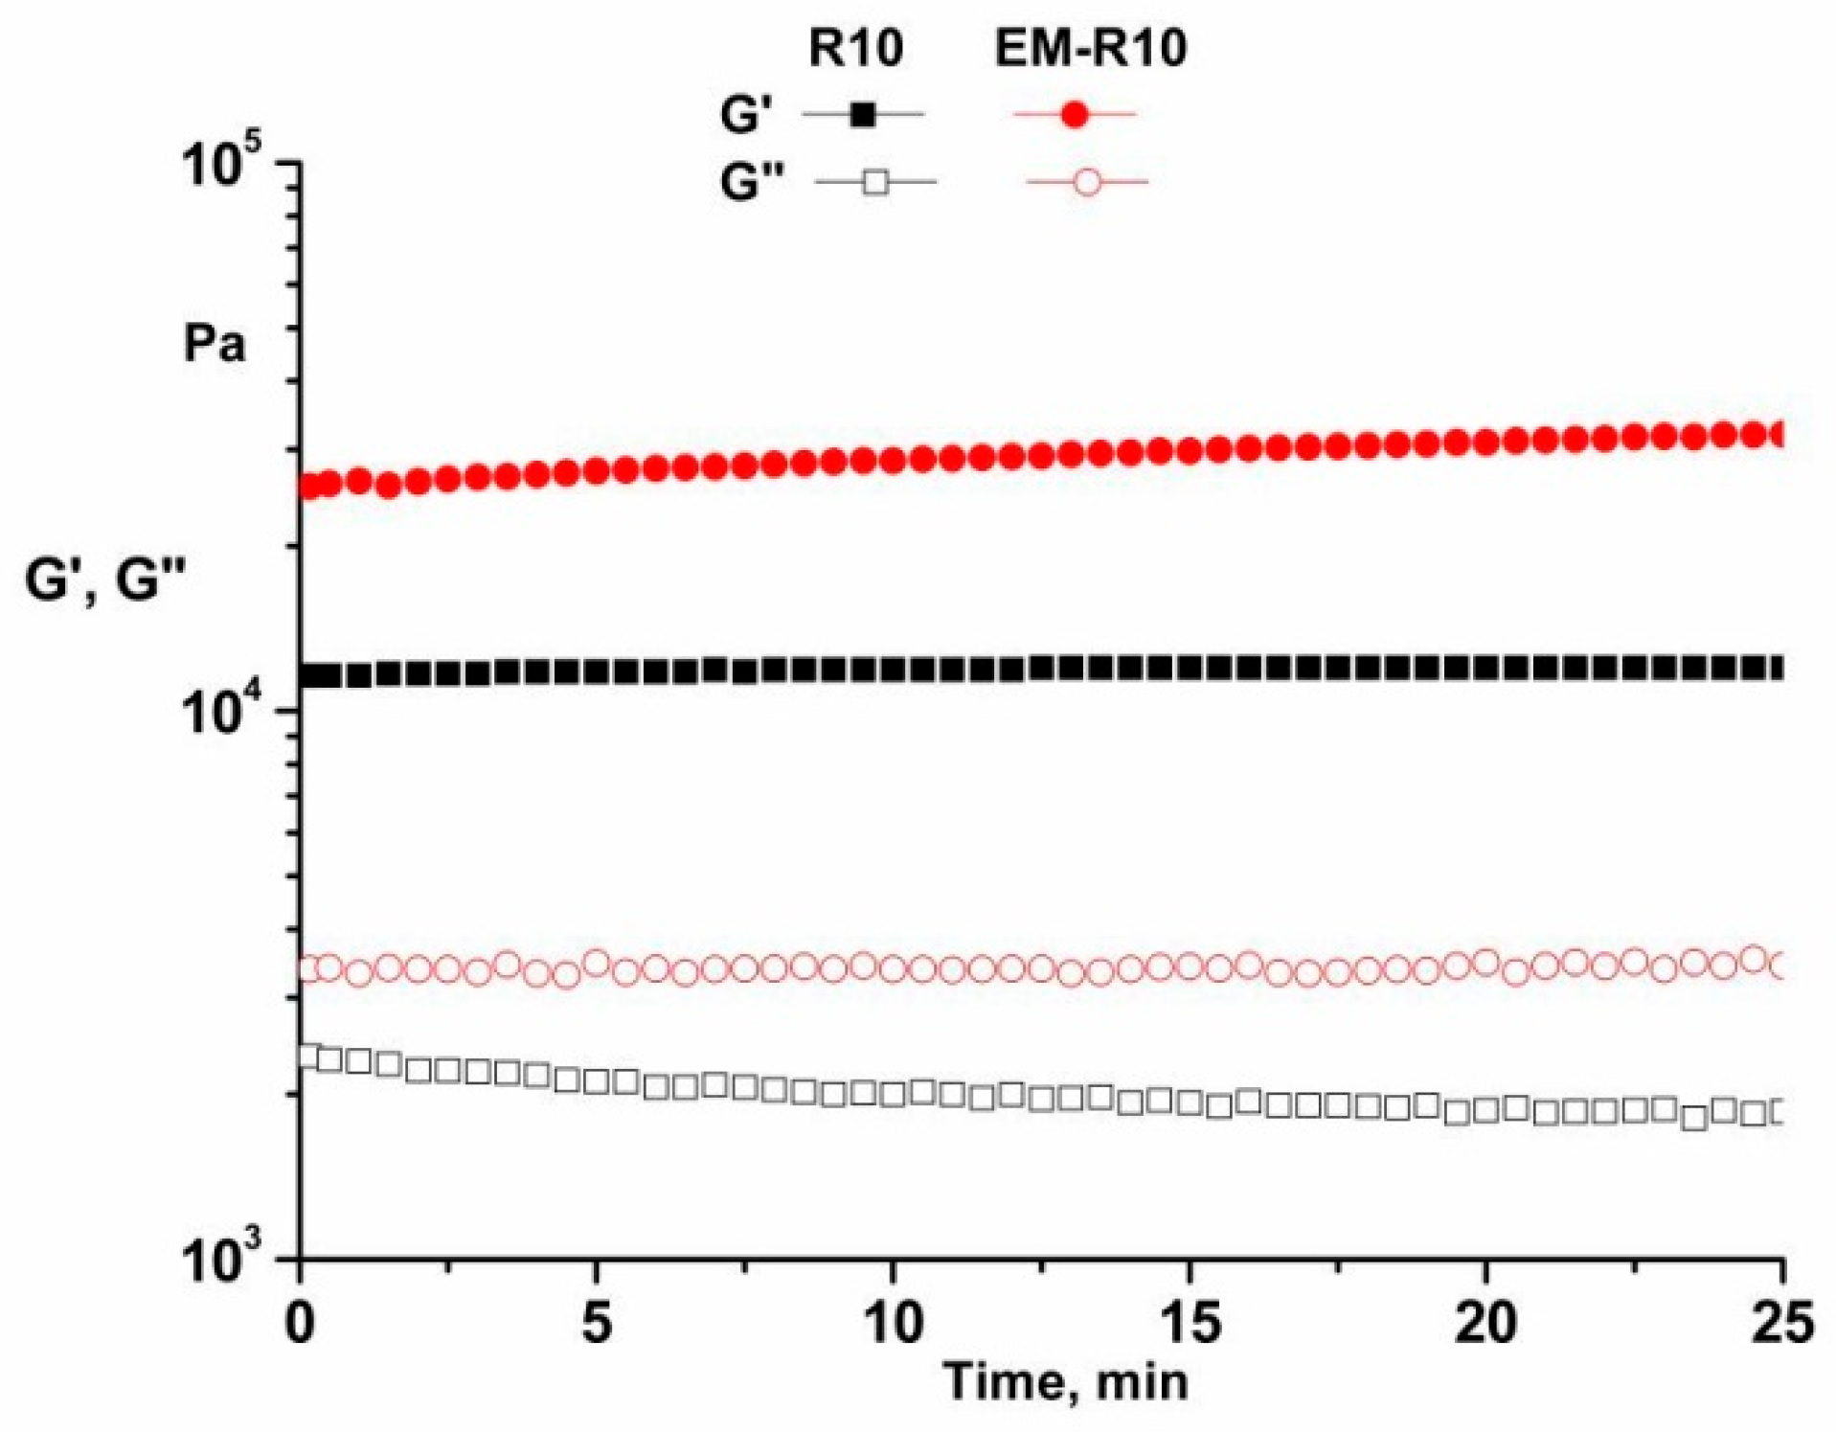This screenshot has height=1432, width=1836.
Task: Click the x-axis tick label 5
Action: point(596,1324)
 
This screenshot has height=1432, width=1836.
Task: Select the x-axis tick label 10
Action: point(893,1324)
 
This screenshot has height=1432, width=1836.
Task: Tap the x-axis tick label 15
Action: point(1190,1324)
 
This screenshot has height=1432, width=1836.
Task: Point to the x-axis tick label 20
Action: point(1485,1324)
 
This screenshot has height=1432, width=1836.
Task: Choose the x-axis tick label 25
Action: point(1780,1324)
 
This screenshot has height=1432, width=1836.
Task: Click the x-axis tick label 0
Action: point(301,1324)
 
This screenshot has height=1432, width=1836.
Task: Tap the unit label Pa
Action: point(215,344)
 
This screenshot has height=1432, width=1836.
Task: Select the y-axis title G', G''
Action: point(104,580)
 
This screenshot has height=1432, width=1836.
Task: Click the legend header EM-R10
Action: point(1090,48)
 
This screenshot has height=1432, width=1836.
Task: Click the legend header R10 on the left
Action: point(855,48)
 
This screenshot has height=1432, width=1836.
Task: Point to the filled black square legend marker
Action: point(863,116)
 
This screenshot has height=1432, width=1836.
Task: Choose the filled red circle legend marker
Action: point(1075,116)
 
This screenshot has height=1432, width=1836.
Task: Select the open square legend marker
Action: point(875,181)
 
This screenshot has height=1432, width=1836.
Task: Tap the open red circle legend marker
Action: point(1087,181)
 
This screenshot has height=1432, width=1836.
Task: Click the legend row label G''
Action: point(752,181)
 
